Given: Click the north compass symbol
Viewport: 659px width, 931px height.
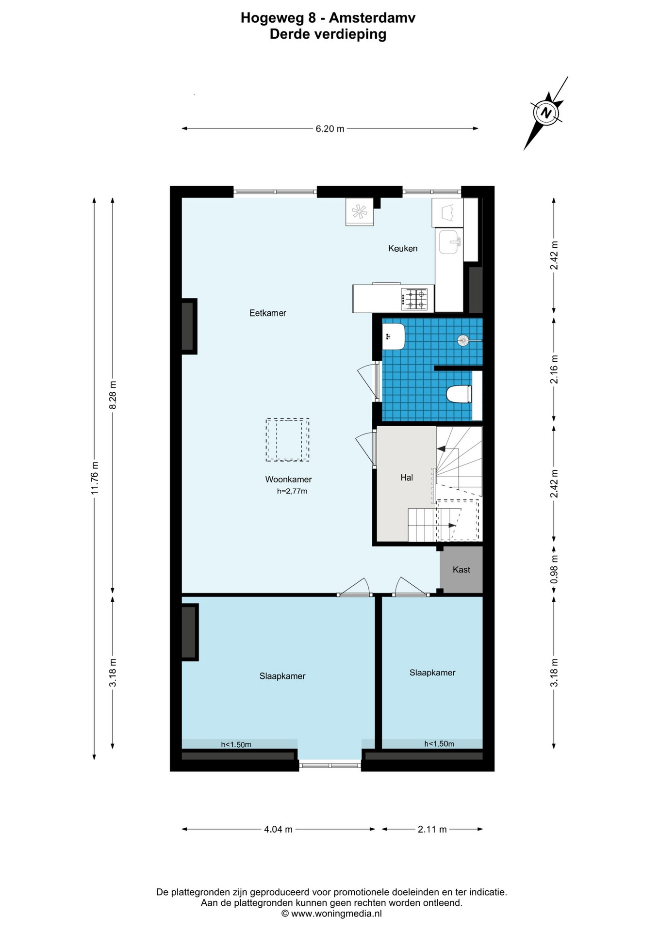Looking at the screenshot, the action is [546, 113].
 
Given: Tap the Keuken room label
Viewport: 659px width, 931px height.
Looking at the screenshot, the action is [403, 248].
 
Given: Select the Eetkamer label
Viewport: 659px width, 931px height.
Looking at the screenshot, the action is [268, 313].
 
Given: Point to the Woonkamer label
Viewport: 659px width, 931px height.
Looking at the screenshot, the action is [288, 480].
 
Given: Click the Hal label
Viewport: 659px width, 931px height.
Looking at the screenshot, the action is [407, 478].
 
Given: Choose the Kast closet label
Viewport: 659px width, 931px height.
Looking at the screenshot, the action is [461, 570].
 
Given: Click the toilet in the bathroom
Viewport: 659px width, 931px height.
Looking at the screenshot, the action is [459, 394].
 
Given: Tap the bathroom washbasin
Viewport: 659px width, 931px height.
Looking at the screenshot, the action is [394, 336].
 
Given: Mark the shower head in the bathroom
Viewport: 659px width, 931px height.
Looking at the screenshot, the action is [463, 340].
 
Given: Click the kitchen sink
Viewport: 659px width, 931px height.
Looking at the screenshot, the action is [449, 242].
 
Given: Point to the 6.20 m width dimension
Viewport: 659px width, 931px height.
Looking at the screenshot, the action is [330, 128].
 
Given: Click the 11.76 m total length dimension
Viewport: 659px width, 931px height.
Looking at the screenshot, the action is [95, 478].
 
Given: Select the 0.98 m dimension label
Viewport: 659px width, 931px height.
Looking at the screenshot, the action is [554, 570].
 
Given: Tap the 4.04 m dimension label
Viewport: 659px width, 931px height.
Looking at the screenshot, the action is [278, 829].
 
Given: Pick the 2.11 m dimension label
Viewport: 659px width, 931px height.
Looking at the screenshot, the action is [432, 829].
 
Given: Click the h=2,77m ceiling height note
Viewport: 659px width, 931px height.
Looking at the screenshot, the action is [292, 491].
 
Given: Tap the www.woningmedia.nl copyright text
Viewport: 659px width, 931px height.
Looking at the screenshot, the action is [331, 914].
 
